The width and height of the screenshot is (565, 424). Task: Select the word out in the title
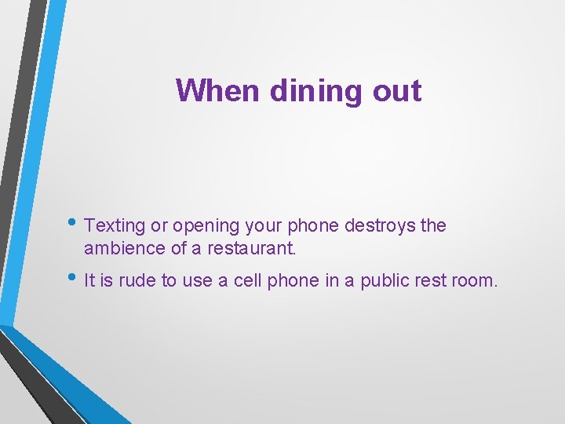point(398,91)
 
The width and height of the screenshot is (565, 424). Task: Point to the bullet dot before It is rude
point(74,279)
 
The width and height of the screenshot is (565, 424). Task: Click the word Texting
point(115,226)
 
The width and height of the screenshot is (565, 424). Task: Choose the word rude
point(137,281)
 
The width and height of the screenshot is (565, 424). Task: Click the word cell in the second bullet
point(248,281)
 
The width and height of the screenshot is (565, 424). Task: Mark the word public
point(385,281)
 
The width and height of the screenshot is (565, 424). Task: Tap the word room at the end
point(475,281)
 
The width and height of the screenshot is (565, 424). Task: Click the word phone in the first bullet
point(312,226)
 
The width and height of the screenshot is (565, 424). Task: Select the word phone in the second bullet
point(293,281)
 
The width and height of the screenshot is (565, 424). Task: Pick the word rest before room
point(433,281)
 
